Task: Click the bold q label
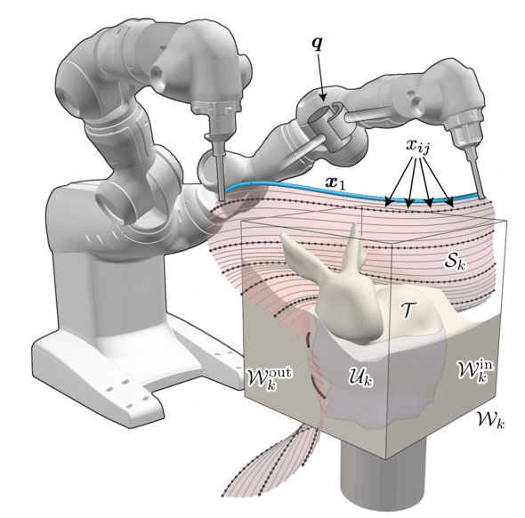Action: [x=317, y=45]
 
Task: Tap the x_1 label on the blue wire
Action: [x=335, y=182]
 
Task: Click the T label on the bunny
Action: [x=408, y=310]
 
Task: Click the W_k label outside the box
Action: [x=489, y=419]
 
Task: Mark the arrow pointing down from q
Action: [x=320, y=77]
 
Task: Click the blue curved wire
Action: [x=351, y=191]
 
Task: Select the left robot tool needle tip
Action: [x=221, y=200]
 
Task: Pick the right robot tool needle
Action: [x=476, y=175]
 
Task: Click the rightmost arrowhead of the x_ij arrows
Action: [x=450, y=203]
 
